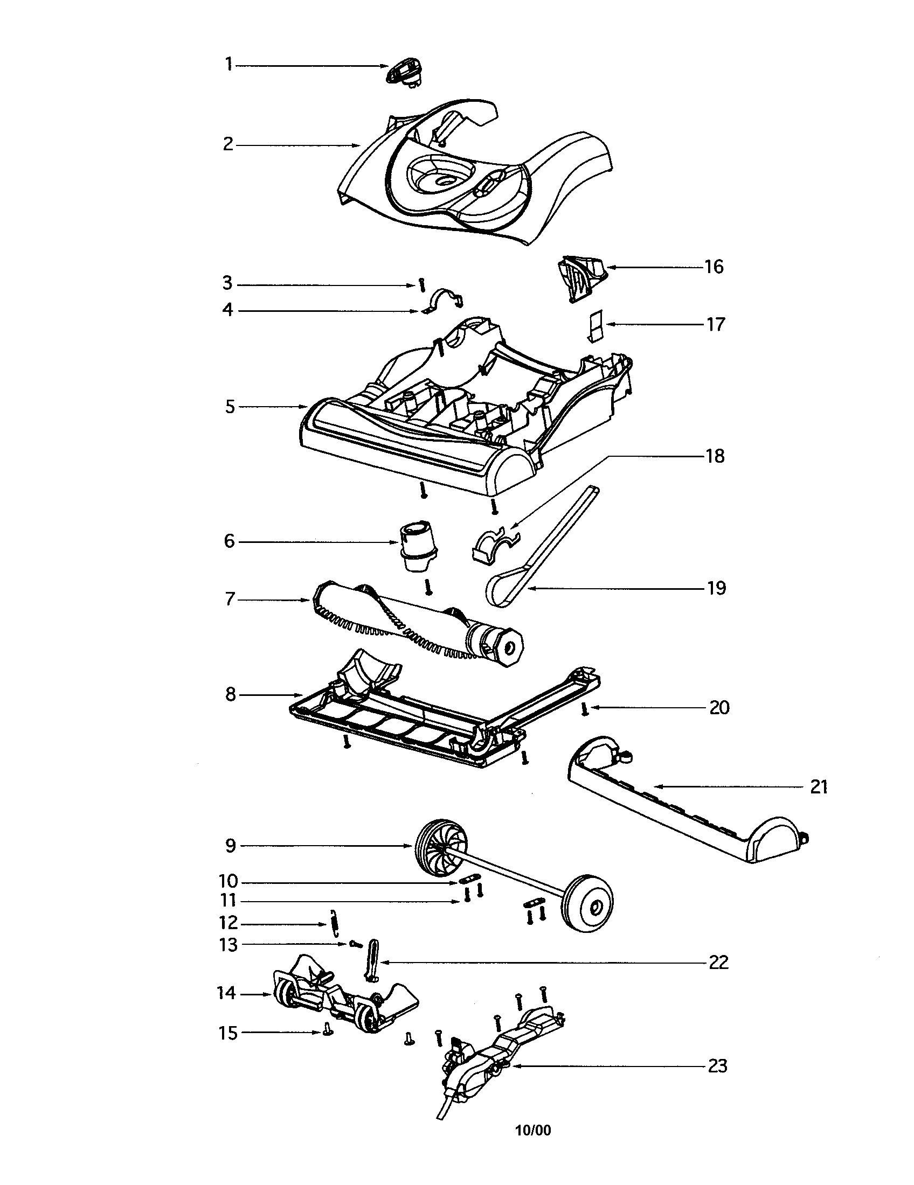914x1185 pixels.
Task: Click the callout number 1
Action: click(x=228, y=65)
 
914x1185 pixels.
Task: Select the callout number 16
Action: click(x=714, y=267)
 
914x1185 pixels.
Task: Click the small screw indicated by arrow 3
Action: click(x=421, y=285)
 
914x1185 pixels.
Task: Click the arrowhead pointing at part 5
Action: click(x=304, y=406)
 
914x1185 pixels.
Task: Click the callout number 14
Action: click(x=226, y=993)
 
